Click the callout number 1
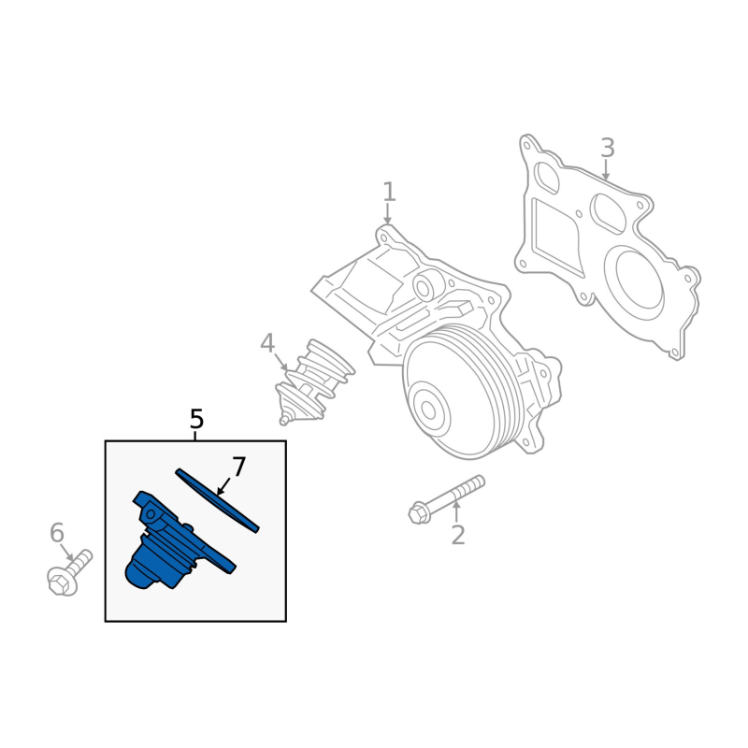pyautogui.click(x=389, y=192)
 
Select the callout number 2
pyautogui.click(x=458, y=535)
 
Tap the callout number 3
pyautogui.click(x=607, y=148)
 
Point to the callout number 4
pyautogui.click(x=267, y=343)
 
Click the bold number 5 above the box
pyautogui.click(x=196, y=419)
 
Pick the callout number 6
pyautogui.click(x=57, y=533)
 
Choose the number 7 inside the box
pyautogui.click(x=238, y=467)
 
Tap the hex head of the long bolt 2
pyautogui.click(x=419, y=513)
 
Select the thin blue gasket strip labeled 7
pyautogui.click(x=217, y=500)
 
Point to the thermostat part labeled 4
pyautogui.click(x=315, y=381)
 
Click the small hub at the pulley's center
pyautogui.click(x=427, y=410)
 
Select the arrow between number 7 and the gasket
pyautogui.click(x=223, y=485)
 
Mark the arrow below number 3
pyautogui.click(x=606, y=169)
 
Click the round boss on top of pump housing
pyautogui.click(x=423, y=287)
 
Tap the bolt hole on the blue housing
pyautogui.click(x=151, y=513)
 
